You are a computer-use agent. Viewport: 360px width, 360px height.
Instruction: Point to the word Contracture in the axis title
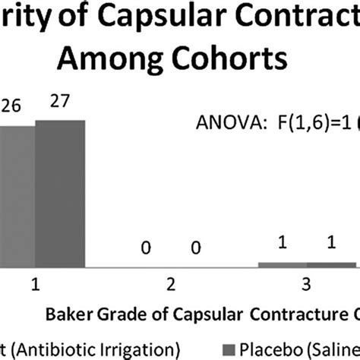[x=288, y=311]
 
